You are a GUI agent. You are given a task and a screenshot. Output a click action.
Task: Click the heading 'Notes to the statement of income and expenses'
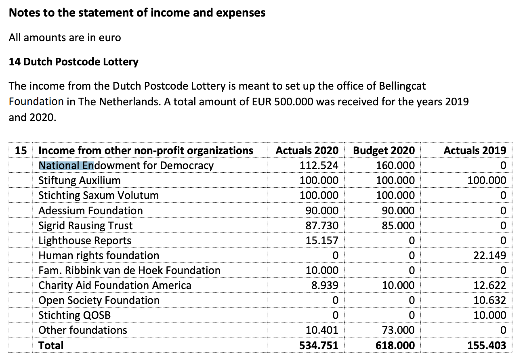coord(137,13)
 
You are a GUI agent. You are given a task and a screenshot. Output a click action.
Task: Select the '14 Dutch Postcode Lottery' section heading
coord(73,62)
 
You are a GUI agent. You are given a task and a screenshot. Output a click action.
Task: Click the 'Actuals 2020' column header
coord(307,151)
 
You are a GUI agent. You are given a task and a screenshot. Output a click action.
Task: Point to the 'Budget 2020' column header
coord(384,151)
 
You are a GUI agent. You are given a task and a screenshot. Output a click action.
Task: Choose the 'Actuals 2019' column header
coord(475,151)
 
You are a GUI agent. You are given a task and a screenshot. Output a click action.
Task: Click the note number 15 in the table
coord(21,151)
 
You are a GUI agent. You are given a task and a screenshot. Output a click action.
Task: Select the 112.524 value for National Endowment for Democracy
coord(319,165)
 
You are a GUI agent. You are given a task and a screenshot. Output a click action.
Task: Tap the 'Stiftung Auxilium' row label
coord(79,180)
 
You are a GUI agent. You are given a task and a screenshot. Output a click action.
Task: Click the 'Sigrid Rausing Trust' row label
coord(85,226)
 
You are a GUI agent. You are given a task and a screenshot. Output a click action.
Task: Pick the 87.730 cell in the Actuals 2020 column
coord(322,226)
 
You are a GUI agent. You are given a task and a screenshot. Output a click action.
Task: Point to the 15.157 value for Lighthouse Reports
coord(322,241)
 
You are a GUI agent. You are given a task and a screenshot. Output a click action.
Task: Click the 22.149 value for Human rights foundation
coord(490,255)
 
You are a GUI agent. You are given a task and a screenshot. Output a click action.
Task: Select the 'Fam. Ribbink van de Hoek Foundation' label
coord(129,270)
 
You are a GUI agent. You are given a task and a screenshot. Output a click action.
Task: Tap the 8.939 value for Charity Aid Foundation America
coord(325,285)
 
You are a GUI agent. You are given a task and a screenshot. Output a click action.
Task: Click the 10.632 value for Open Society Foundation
coord(490,300)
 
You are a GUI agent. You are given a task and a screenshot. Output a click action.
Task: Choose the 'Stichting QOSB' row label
coord(74,315)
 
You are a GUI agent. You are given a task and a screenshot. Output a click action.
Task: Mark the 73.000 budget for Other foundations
coord(398,330)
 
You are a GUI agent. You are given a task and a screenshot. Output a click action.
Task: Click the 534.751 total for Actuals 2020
coord(319,345)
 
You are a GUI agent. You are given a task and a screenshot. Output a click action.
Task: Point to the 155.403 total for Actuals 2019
coord(487,345)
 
